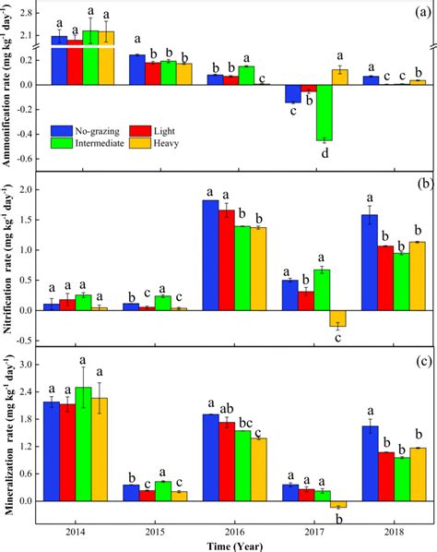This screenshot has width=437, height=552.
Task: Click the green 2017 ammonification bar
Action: click(x=324, y=113)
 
